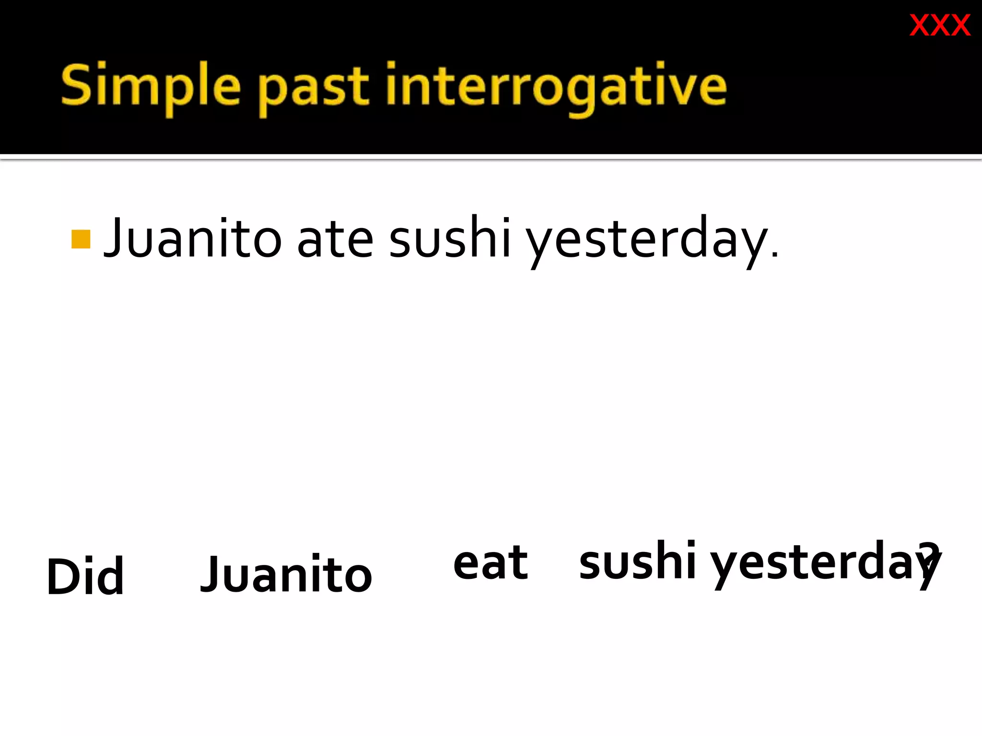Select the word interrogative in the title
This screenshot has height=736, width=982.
pos(556,86)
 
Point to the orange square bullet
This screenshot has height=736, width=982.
pos(81,239)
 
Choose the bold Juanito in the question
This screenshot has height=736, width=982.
pos(286,574)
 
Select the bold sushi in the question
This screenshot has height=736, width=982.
pos(637,561)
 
